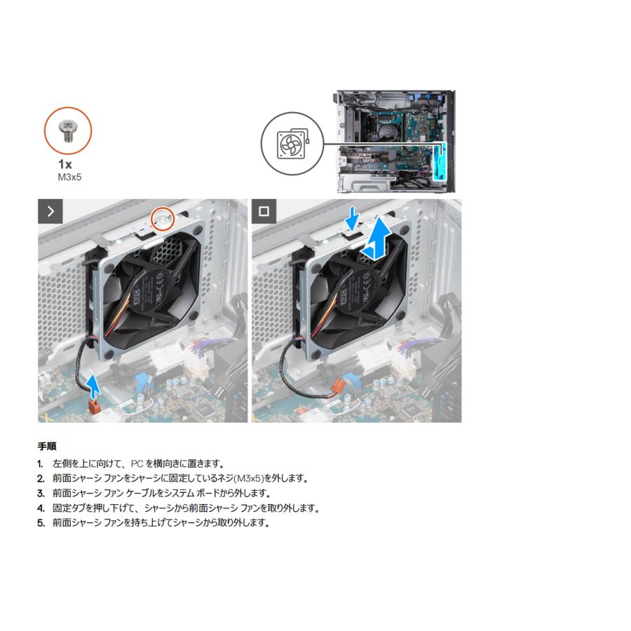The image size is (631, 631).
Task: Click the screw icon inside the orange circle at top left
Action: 68,130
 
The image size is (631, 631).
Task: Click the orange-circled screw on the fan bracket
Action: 163,218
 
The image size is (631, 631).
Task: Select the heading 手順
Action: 47,446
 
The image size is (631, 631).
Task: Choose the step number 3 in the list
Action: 41,493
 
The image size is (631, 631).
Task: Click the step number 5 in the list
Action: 41,523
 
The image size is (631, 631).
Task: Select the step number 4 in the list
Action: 41,508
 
